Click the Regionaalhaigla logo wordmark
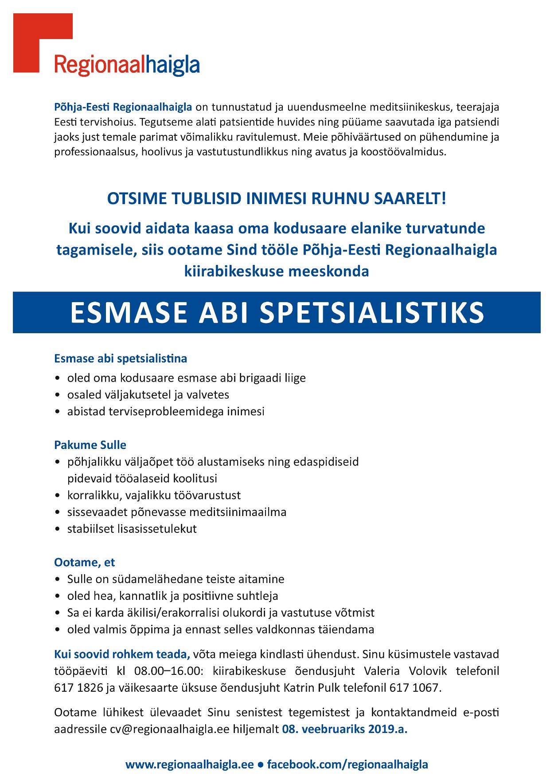[127, 65]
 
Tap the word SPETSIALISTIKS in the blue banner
[372, 312]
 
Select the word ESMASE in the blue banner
[129, 312]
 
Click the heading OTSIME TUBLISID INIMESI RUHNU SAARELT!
[277, 198]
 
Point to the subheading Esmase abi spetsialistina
[121, 359]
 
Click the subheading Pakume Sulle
[90, 445]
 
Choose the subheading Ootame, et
[84, 563]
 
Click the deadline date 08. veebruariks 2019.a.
[344, 729]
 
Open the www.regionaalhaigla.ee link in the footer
[189, 764]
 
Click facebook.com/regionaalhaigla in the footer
[347, 764]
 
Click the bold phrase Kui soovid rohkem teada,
[122, 654]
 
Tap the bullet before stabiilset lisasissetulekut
[57, 529]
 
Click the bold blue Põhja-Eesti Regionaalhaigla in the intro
[123, 107]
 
